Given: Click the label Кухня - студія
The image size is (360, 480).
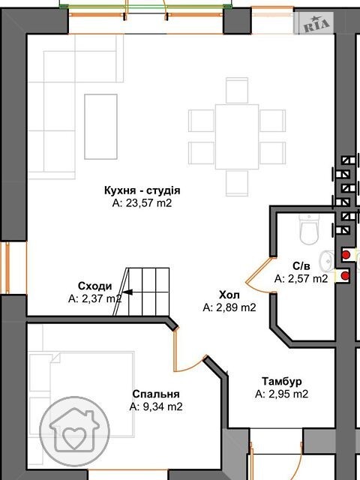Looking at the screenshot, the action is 142,190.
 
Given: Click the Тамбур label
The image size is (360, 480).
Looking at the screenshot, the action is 282,382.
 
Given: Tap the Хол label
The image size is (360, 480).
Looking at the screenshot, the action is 229,295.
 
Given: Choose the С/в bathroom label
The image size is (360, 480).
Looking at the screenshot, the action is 301,266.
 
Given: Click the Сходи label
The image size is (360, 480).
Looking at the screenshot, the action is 95,286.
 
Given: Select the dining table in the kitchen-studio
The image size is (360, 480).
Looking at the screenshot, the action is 237,136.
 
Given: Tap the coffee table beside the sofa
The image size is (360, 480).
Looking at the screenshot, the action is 100,127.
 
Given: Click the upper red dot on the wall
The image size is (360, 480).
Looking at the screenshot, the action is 346,255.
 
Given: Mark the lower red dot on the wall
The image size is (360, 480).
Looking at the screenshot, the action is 345,276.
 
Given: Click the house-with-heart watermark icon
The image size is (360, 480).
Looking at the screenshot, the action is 75,432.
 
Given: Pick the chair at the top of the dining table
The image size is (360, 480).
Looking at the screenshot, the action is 237,90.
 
